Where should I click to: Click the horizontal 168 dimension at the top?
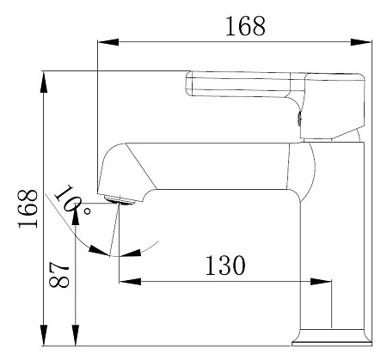pos(245,27)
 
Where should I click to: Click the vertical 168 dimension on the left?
pos(28,209)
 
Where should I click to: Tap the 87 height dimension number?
pos(59,274)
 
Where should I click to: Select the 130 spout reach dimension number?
pos(225,265)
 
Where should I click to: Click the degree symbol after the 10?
pos(87,211)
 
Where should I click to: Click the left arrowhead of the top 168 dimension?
pos(108,42)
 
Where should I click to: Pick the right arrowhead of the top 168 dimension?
pos(361,42)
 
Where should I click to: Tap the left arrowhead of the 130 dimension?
pos(130,281)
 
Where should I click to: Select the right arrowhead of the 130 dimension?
pos(321,281)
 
